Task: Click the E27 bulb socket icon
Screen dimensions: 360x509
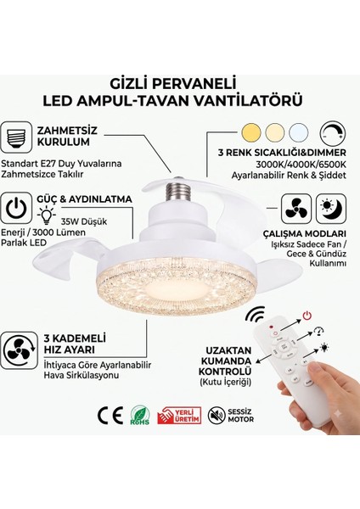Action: coord(16,137)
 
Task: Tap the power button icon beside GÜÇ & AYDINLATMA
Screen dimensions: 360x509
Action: coord(16,208)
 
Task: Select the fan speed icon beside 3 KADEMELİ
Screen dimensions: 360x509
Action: coord(20,350)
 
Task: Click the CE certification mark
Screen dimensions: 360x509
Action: coord(110,416)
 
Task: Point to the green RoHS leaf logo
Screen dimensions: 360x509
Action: coord(140,416)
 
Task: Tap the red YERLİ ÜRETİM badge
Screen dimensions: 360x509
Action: coord(179,416)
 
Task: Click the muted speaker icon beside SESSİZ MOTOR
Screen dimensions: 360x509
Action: coord(217,416)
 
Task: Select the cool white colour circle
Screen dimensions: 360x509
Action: coord(299,132)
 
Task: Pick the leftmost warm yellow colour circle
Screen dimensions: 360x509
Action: coord(251,132)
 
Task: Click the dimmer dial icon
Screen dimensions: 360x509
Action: coord(332,133)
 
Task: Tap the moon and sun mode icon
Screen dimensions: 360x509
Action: coord(331,208)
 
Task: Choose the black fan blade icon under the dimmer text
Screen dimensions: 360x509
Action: coord(296,209)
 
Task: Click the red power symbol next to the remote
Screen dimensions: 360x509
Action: coord(307,316)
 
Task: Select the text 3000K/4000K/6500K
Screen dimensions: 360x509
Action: coord(301,165)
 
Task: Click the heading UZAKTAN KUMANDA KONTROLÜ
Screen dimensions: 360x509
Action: coord(225,361)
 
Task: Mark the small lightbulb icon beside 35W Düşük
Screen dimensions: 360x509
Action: coord(46,215)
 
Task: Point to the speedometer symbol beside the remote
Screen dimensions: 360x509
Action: coord(319,331)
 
